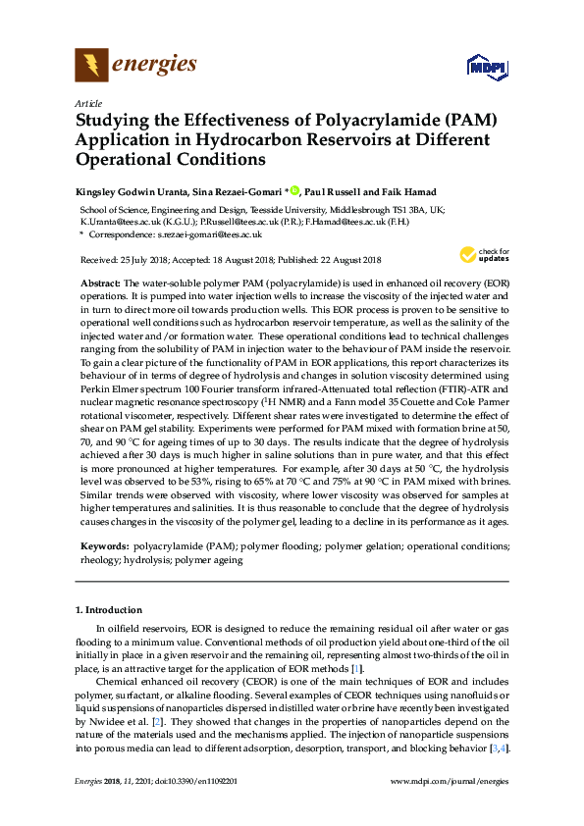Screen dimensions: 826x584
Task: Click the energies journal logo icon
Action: (91, 66)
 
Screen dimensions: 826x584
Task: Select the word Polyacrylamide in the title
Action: (378, 121)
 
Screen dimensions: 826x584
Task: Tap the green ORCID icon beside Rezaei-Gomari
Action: (293, 190)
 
